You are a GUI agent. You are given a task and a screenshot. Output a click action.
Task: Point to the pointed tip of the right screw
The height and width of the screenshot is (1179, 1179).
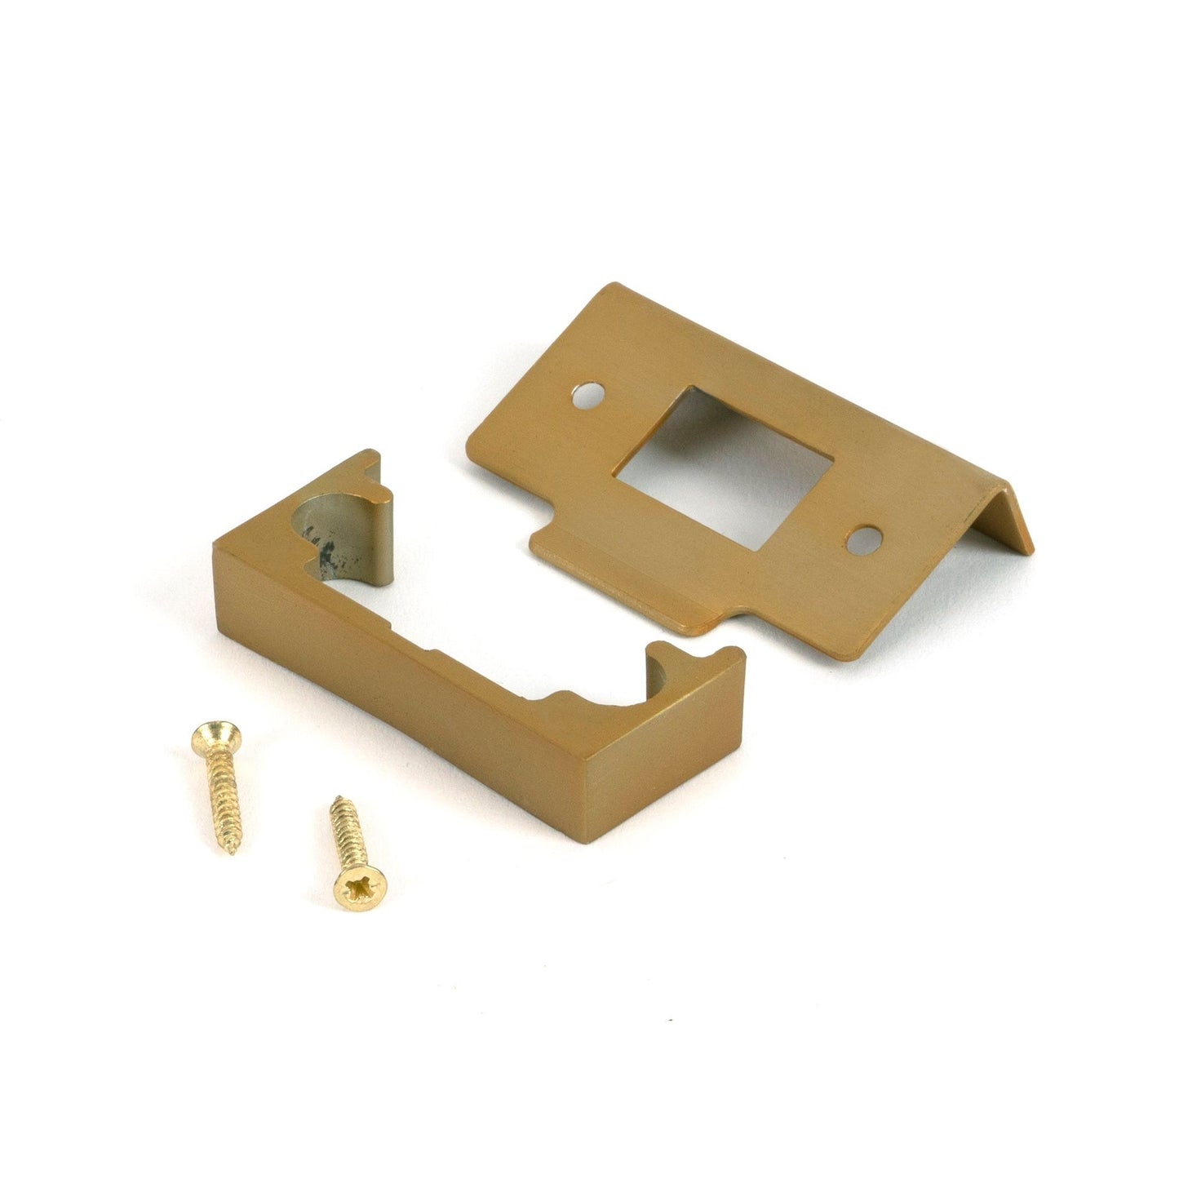(x=335, y=800)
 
